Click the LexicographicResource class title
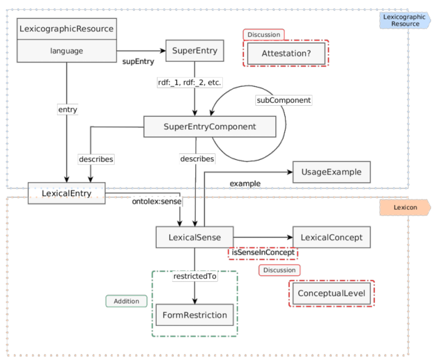pos(66,28)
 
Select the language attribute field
pos(66,51)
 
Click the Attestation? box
pos(286,54)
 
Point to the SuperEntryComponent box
pos(209,127)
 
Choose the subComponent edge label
pos(284,100)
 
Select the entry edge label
pos(67,110)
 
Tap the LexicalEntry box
pos(66,194)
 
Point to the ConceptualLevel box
pos(331,293)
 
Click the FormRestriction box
pos(194,315)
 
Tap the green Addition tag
pos(126,301)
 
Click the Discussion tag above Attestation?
pos(263,35)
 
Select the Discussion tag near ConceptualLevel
pos(280,270)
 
